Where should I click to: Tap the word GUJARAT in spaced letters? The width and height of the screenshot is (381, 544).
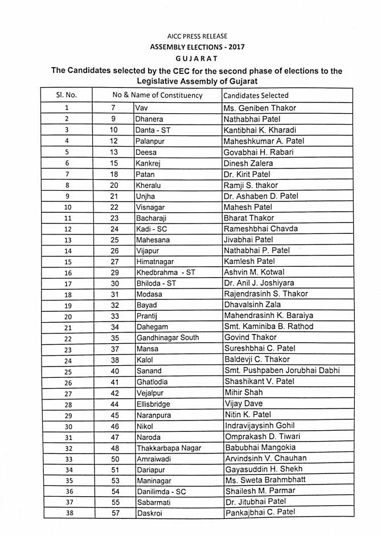(190, 59)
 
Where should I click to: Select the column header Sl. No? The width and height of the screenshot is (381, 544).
(67, 95)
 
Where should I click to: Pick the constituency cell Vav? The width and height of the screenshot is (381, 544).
(141, 108)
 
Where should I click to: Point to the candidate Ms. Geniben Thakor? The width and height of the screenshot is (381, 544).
(260, 108)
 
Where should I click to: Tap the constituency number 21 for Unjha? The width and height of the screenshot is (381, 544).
(113, 196)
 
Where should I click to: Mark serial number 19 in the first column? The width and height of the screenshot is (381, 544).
(68, 306)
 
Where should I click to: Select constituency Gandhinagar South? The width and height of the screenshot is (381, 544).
(167, 338)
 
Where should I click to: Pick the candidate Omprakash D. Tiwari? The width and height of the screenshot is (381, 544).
(263, 436)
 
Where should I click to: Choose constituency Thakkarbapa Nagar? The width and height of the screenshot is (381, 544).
(169, 448)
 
